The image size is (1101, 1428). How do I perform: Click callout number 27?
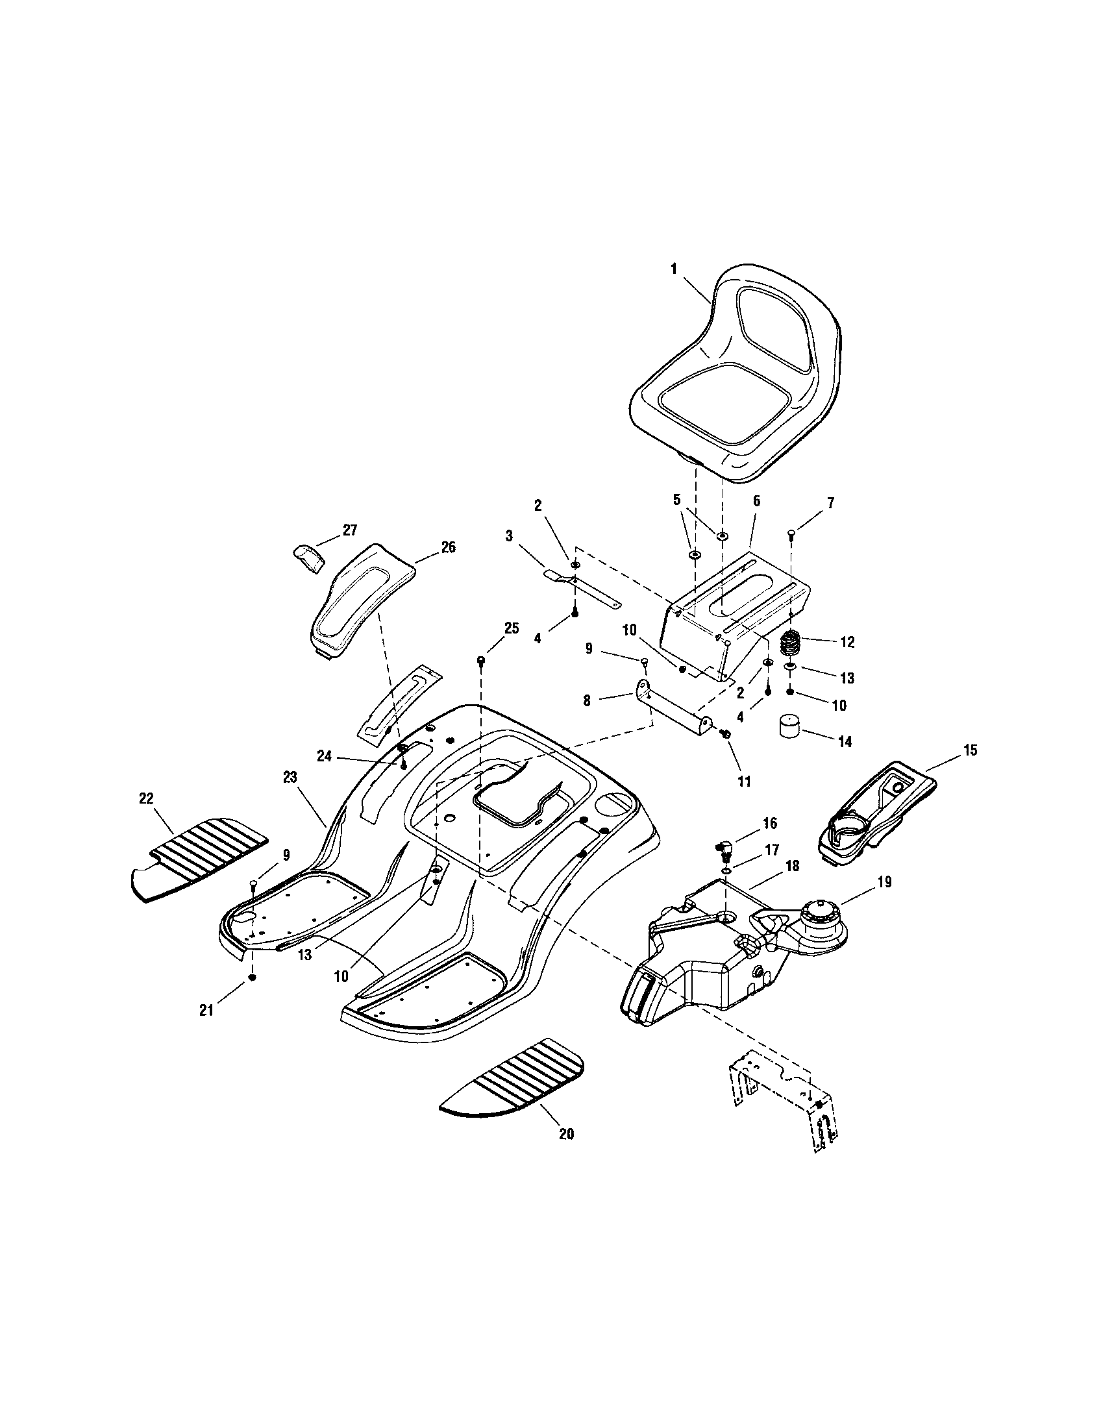pos(350,530)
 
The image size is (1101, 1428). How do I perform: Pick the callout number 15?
pos(970,750)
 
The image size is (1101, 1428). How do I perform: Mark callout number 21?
pos(206,1010)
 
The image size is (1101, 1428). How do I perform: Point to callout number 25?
pos(512,628)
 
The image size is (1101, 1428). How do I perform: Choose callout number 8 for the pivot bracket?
pos(586,701)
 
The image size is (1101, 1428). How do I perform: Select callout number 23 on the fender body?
pos(290,778)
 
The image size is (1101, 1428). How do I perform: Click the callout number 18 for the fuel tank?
pos(792,867)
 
